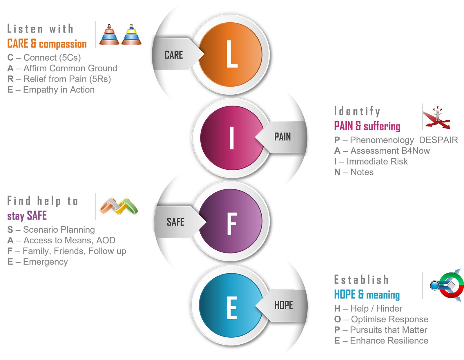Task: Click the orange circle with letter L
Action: (x=231, y=54)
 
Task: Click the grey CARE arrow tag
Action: (x=174, y=55)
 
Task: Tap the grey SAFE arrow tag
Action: (x=176, y=222)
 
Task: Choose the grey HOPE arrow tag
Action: (x=284, y=305)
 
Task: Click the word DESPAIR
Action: (x=438, y=140)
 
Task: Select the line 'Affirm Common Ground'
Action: (x=62, y=68)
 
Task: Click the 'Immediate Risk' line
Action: (x=371, y=161)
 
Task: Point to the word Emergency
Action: (x=45, y=262)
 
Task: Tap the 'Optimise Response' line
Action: (x=381, y=319)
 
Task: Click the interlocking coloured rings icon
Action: (x=119, y=206)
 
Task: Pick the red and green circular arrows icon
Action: (x=448, y=285)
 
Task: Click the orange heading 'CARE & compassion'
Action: (x=47, y=44)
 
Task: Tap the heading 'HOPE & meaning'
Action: (x=367, y=295)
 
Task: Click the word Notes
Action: (x=362, y=172)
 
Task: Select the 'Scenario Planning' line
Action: (x=51, y=229)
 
